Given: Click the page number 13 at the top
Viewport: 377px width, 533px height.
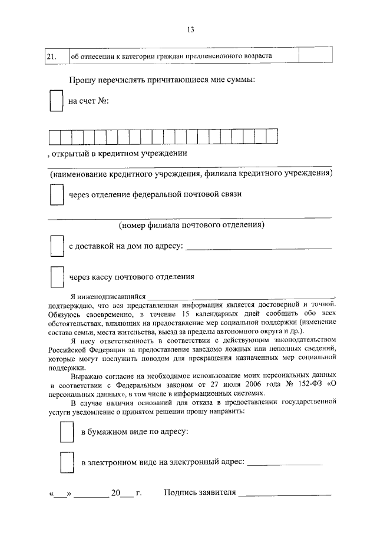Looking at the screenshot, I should [190, 30].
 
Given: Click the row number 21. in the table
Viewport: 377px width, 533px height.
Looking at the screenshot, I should [51, 57].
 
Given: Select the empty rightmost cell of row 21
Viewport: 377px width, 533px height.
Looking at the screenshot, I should [315, 56].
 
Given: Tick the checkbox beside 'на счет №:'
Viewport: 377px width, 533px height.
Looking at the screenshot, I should [55, 101].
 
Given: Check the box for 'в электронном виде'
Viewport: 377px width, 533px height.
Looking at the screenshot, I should [67, 462].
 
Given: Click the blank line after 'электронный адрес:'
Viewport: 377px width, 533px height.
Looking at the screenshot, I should [285, 464].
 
